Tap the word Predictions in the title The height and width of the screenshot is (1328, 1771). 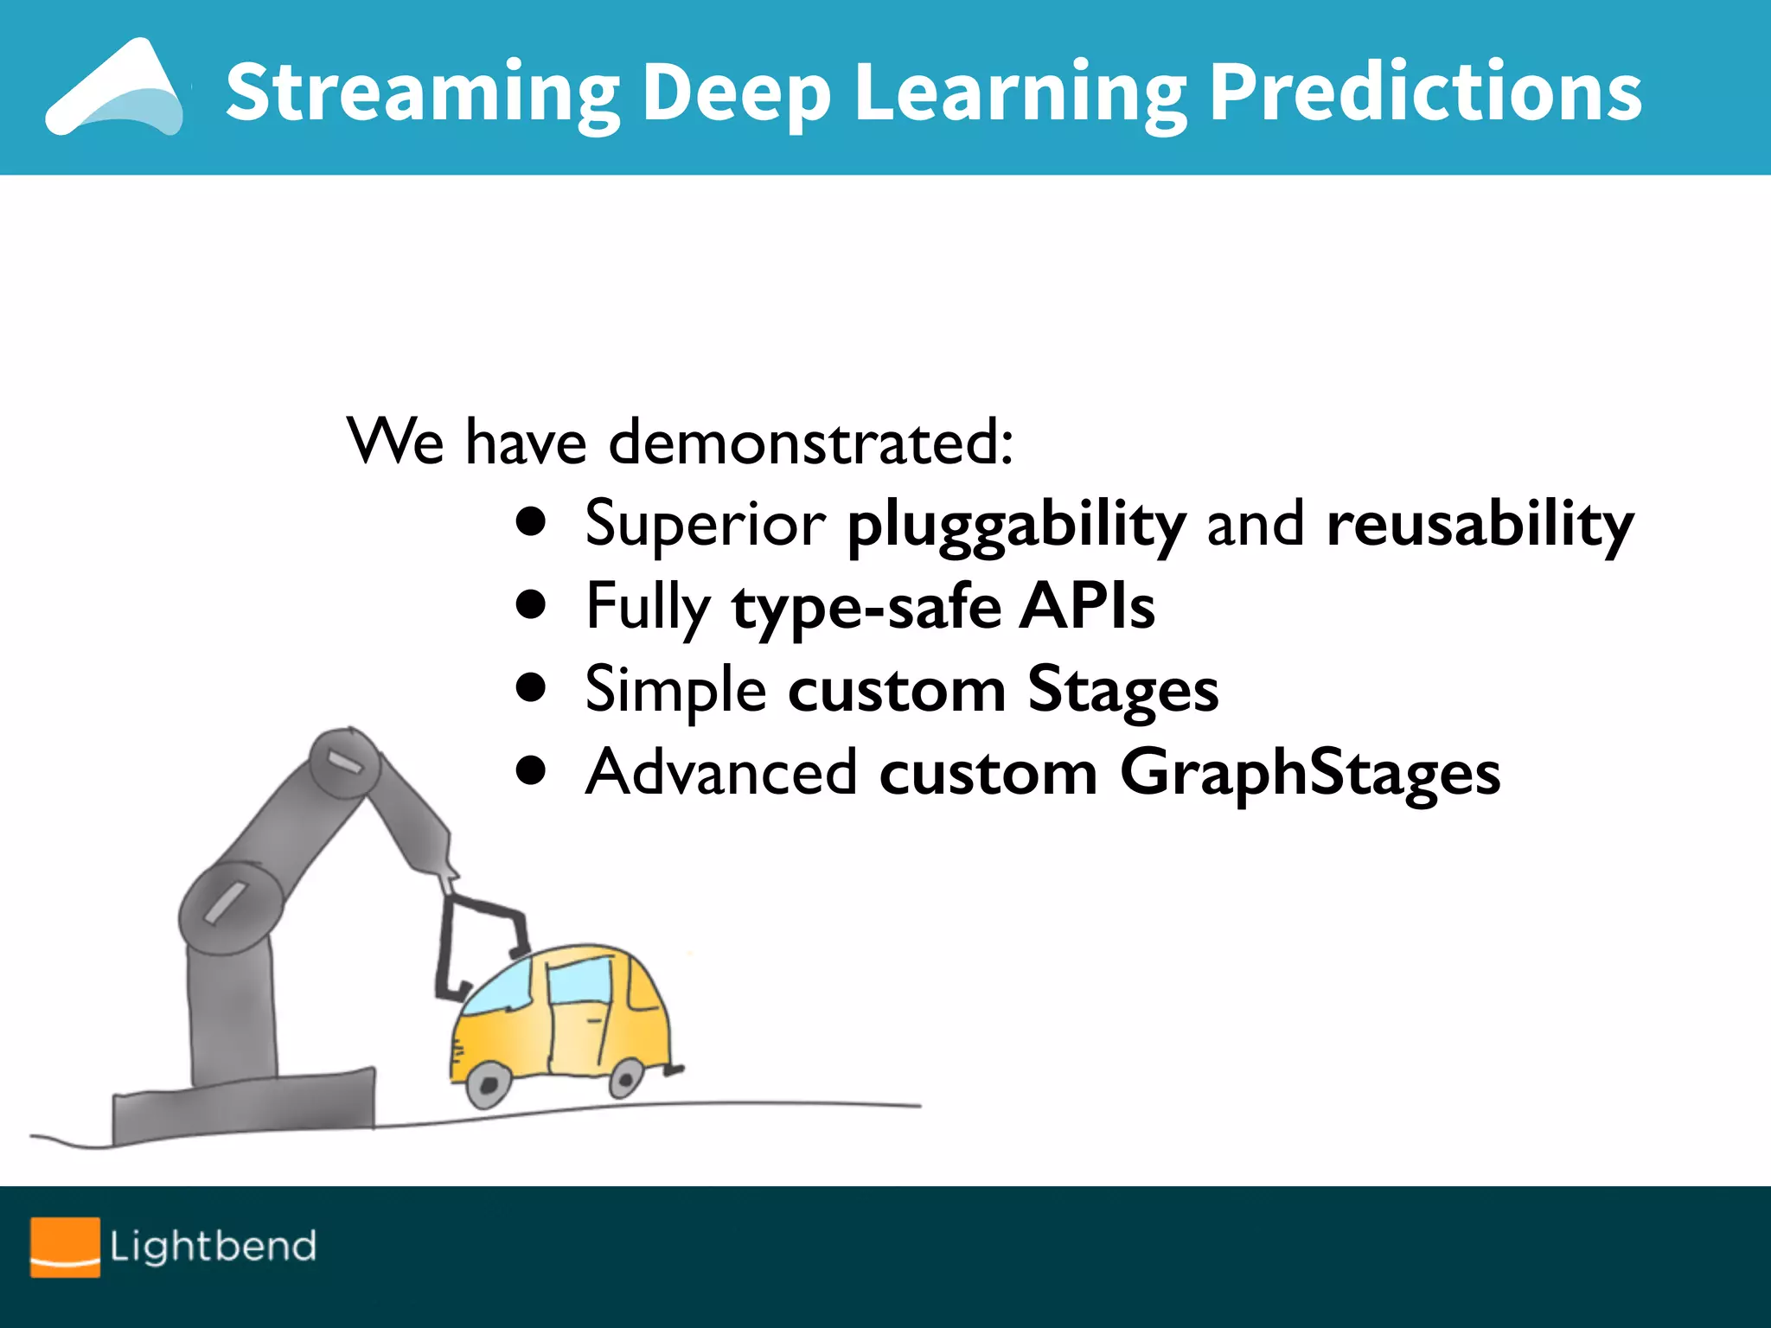1425,92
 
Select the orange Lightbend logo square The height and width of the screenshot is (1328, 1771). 65,1246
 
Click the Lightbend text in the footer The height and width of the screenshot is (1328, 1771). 213,1246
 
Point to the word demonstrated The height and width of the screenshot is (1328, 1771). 810,442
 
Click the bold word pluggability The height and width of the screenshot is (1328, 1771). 1016,525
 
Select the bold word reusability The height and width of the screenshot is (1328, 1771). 1480,525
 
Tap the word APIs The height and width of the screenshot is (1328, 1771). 1087,606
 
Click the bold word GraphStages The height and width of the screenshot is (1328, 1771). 1310,772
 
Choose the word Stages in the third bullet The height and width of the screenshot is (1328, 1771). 1122,690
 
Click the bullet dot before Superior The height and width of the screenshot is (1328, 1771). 530,522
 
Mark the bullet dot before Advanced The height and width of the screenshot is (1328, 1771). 530,771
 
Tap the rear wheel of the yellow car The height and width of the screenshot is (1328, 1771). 625,1079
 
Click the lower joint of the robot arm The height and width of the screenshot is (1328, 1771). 230,907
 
